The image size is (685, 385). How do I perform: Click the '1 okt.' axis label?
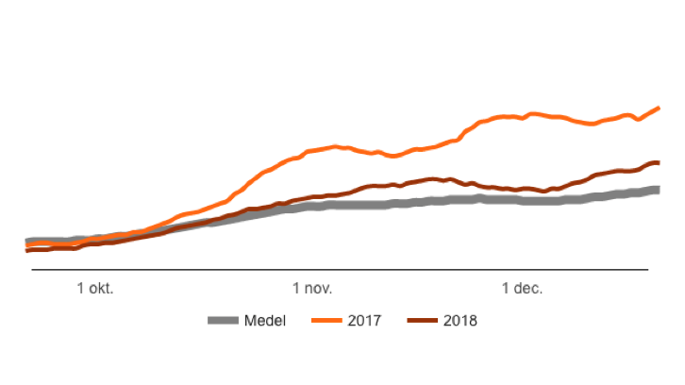[95, 289]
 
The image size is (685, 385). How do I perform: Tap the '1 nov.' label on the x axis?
[312, 289]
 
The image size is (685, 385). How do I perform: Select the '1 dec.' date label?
[522, 289]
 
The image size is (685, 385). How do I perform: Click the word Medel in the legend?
[265, 321]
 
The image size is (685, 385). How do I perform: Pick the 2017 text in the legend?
[364, 321]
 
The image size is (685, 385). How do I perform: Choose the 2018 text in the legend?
[460, 321]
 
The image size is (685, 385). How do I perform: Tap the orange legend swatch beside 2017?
[326, 321]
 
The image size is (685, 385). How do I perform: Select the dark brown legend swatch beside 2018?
[421, 321]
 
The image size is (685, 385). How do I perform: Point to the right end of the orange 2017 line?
[659, 109]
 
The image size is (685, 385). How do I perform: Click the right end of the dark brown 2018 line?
[659, 163]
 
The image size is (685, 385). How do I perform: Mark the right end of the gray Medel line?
[659, 190]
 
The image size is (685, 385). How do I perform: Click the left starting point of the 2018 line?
[27, 250]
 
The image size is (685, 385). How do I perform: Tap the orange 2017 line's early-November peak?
[335, 146]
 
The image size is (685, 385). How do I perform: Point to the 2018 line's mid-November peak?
[434, 178]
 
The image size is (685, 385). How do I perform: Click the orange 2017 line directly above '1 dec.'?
[522, 116]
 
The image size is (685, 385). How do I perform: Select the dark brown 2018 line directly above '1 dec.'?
[522, 189]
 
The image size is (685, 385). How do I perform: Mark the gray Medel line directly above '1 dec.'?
[522, 200]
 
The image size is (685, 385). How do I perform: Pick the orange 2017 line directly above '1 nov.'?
[312, 150]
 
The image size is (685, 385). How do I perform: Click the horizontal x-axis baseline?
[340, 270]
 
